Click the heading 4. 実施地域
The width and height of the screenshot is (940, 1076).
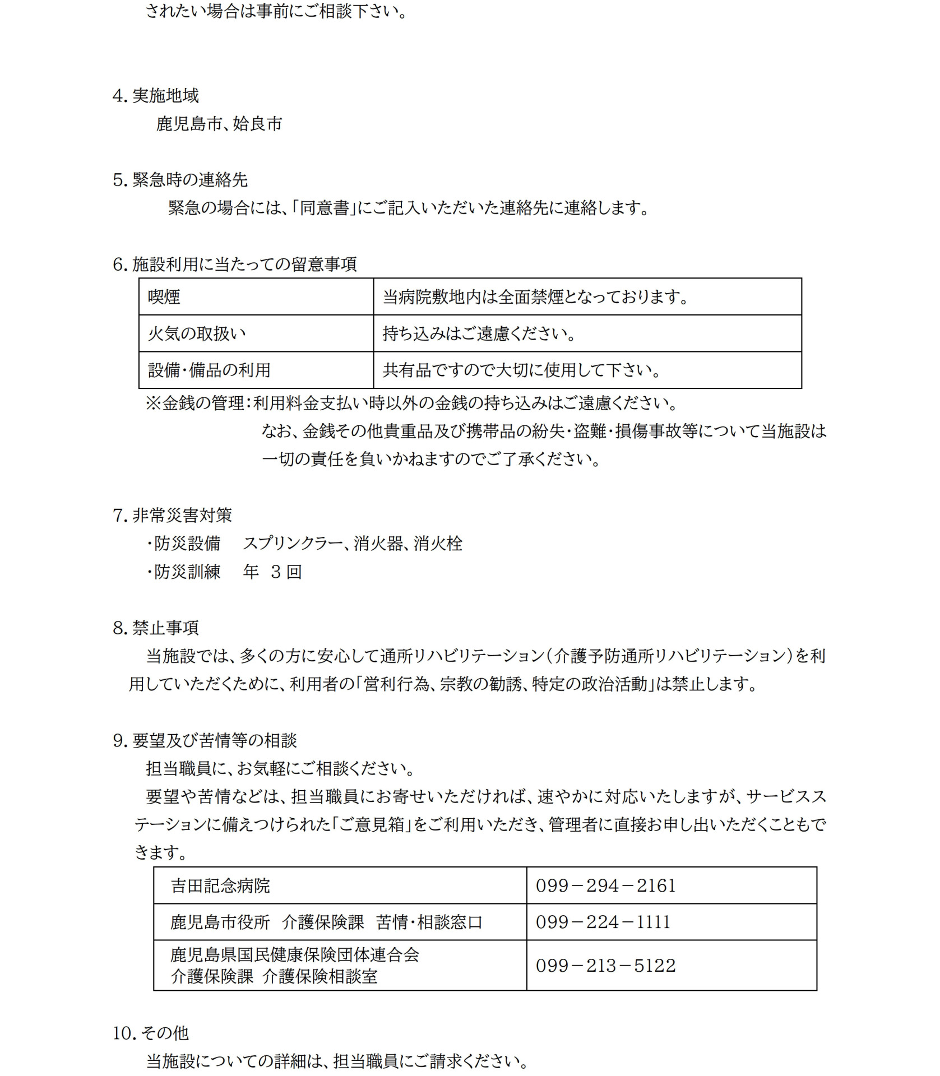(156, 96)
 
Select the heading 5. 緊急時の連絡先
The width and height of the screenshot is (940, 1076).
(180, 180)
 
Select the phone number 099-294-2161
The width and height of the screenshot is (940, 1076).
(606, 886)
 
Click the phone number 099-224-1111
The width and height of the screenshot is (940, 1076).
(603, 922)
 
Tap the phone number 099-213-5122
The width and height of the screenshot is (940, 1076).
(606, 966)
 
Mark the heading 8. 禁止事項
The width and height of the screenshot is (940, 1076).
(156, 628)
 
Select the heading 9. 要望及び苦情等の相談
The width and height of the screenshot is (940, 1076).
(205, 741)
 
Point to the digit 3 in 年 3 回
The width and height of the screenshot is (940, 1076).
(275, 572)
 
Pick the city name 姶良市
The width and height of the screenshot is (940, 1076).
(258, 124)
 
